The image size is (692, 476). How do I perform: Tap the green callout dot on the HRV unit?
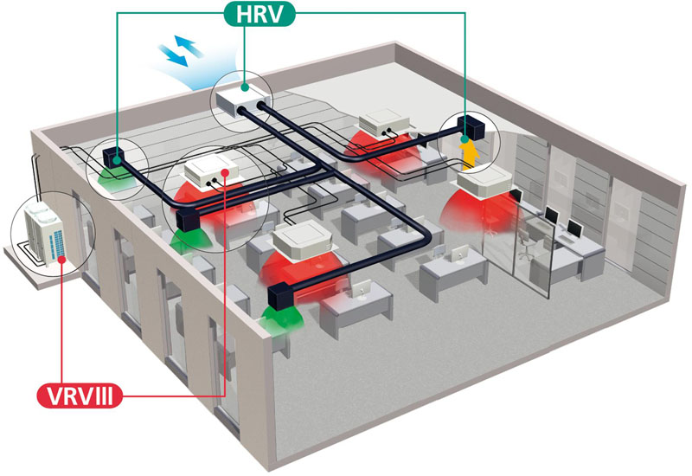coord(245,87)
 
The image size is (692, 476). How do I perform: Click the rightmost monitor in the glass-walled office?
coord(574,228)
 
